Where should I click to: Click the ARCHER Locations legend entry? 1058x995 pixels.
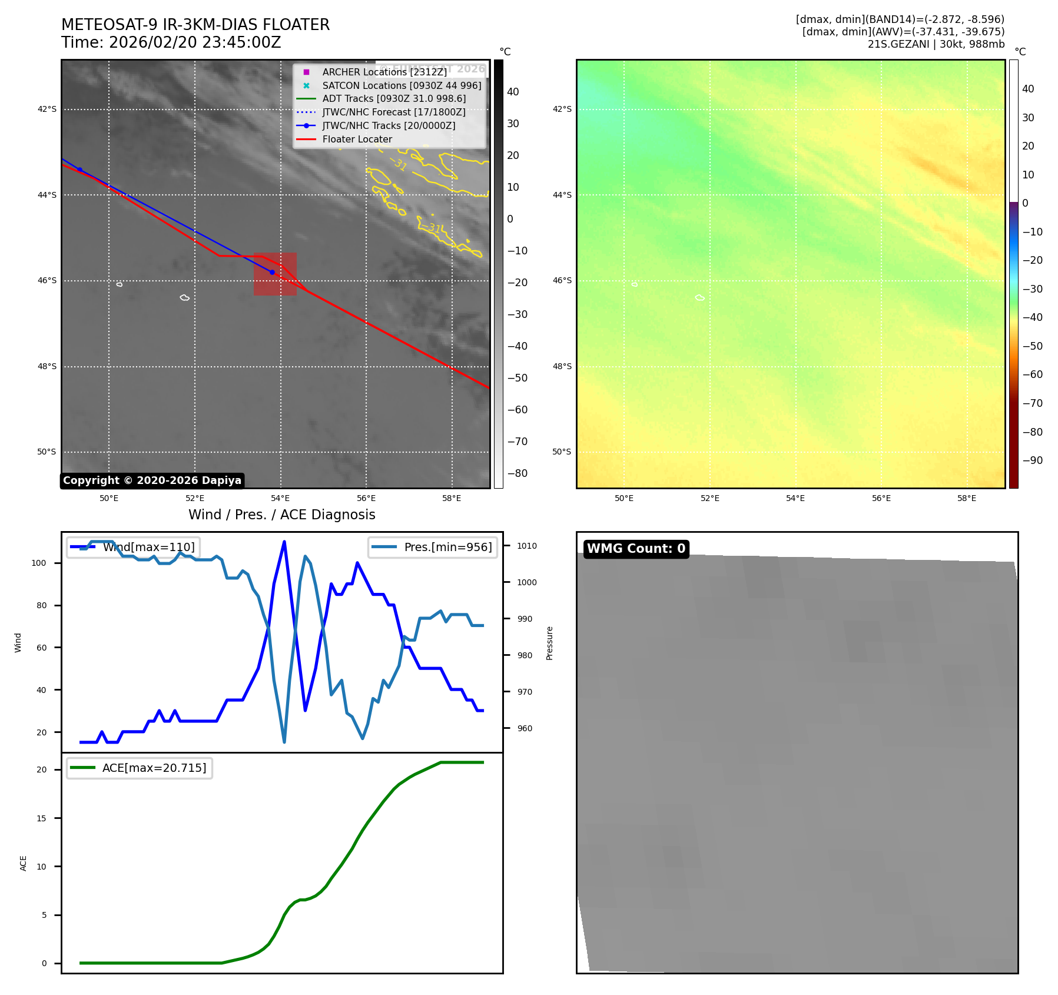tap(384, 72)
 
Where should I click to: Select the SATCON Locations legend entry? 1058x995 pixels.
tap(401, 85)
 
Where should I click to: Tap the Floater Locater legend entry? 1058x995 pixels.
tap(357, 139)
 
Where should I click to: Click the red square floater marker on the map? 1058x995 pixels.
tap(275, 274)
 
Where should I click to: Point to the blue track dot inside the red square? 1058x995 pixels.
tap(272, 272)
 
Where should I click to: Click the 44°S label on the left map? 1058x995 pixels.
tap(47, 195)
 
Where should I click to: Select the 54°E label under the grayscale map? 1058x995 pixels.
tap(280, 499)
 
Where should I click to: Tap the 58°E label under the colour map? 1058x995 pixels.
tap(966, 499)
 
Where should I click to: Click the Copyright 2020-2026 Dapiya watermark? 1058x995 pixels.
tap(152, 480)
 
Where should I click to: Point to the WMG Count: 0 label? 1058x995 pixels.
tap(636, 549)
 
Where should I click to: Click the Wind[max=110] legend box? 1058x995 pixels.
tap(133, 547)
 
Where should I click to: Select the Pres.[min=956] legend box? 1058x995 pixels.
tap(433, 547)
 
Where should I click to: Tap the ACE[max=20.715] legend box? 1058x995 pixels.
tap(140, 768)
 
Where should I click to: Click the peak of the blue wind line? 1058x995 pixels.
tap(284, 542)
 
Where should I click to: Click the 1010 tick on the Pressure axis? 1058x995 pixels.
tap(526, 546)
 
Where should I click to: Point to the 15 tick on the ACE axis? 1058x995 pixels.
tap(41, 818)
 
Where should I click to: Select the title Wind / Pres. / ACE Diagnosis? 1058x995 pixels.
tap(281, 515)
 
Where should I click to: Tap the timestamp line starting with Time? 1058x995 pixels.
tap(171, 43)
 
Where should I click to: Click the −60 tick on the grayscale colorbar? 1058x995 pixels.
tap(517, 410)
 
